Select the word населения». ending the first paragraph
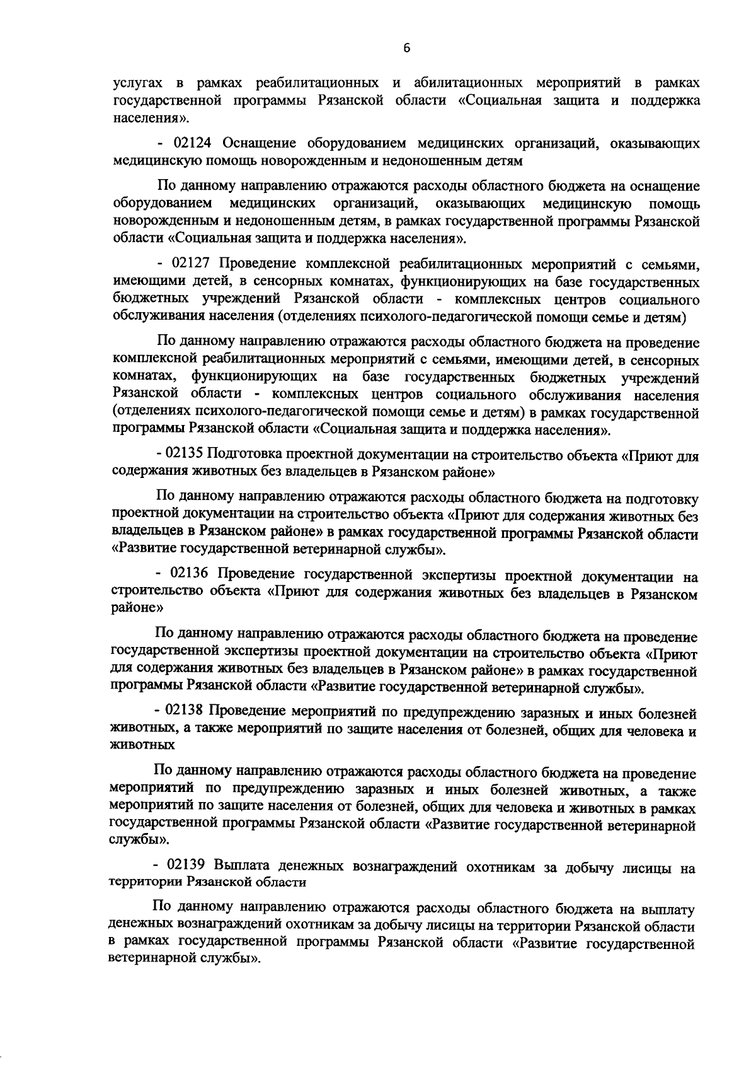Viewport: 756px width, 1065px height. tap(142, 118)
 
